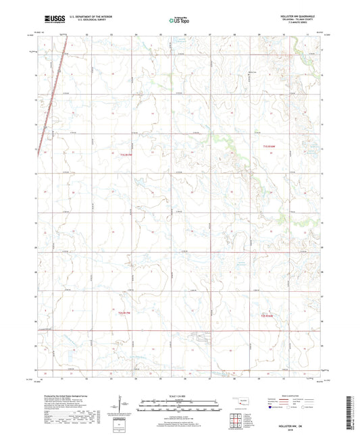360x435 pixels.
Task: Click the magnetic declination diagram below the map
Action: (x=122, y=405)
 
